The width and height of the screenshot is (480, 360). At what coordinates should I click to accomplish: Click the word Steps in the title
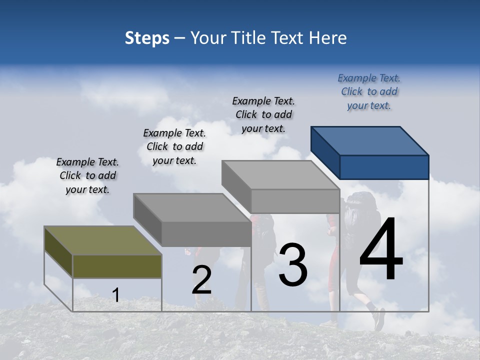tap(147, 38)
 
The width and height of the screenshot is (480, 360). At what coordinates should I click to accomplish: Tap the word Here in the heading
tap(328, 38)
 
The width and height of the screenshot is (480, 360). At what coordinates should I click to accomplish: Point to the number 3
tap(293, 265)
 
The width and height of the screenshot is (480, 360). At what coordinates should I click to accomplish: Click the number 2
tap(201, 280)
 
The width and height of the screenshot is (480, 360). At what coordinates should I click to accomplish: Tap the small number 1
tap(115, 295)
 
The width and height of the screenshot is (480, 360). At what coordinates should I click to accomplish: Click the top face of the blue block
tap(370, 140)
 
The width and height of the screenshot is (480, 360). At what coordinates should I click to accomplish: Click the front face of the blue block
tap(384, 167)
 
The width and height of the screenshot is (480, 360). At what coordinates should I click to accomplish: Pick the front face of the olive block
tap(117, 266)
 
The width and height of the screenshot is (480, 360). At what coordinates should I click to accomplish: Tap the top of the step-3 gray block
tap(280, 175)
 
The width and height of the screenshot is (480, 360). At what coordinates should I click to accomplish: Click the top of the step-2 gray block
tap(191, 207)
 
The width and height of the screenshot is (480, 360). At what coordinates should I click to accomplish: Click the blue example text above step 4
tap(369, 92)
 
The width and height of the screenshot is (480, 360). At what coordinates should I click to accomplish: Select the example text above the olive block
tap(87, 175)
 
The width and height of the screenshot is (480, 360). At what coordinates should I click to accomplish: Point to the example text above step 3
tap(263, 114)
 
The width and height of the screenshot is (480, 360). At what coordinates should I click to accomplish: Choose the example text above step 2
tap(174, 146)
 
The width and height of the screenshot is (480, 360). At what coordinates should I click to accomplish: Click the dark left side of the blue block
tap(325, 152)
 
